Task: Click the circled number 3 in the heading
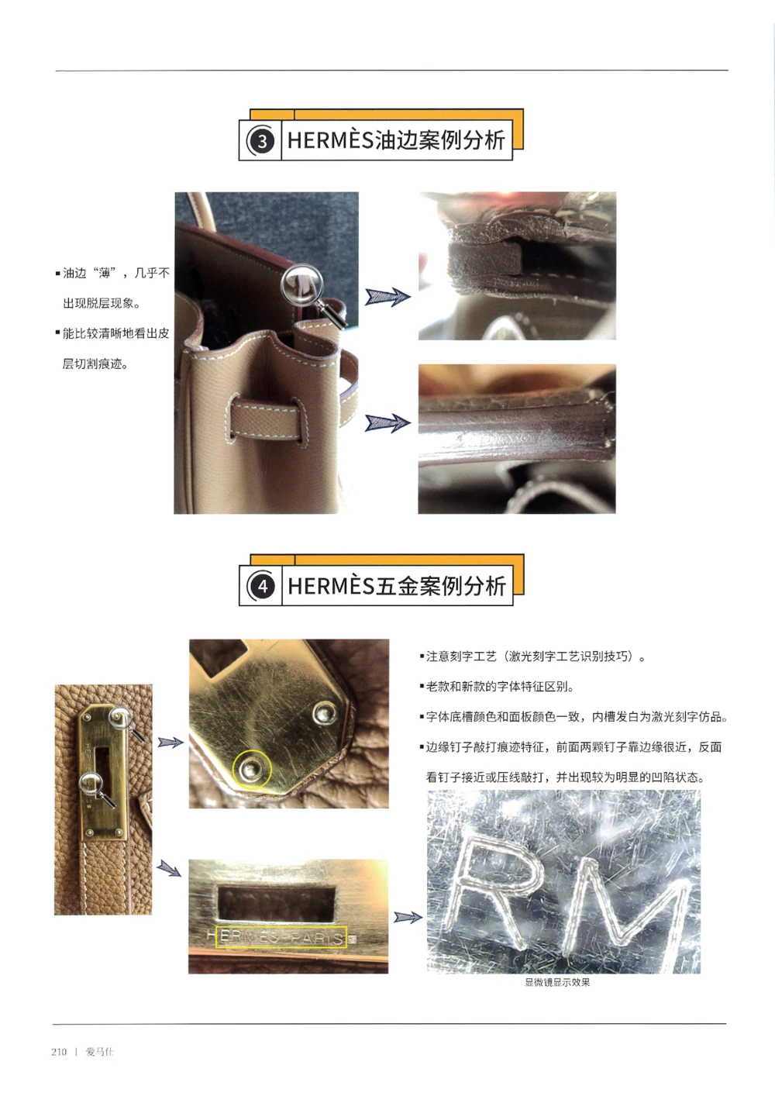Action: tap(262, 141)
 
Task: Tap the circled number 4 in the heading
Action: tap(262, 586)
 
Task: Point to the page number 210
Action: tap(59, 1052)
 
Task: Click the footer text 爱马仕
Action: tap(99, 1052)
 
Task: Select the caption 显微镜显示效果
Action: tap(557, 982)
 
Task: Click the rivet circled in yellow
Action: tap(251, 769)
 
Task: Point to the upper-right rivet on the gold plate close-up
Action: tap(324, 712)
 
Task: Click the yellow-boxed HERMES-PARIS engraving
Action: tap(281, 936)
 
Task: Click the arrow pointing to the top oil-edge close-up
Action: tap(387, 296)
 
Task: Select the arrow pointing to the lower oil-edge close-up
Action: tap(387, 422)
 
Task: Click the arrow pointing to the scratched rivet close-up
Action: tap(170, 743)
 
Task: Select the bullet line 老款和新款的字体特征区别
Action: tap(500, 687)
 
